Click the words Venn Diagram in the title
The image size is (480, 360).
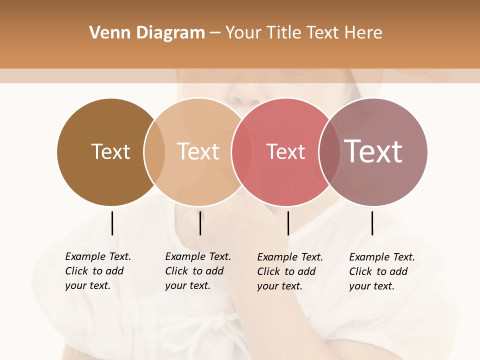(x=147, y=33)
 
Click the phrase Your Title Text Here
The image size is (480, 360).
(x=303, y=33)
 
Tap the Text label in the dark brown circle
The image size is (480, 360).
(x=110, y=151)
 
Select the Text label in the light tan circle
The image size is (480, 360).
(x=198, y=151)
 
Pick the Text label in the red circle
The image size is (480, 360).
(x=285, y=151)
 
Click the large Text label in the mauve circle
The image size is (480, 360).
(x=373, y=151)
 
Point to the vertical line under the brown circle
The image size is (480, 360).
(x=112, y=223)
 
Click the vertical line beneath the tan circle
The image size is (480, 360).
(x=200, y=223)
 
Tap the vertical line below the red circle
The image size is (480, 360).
(x=288, y=223)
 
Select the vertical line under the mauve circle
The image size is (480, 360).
(x=372, y=223)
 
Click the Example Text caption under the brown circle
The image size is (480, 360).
(x=97, y=271)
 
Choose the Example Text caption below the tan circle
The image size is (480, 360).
(x=197, y=271)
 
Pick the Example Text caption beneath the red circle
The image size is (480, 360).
(x=289, y=271)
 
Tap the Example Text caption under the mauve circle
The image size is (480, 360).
(x=381, y=271)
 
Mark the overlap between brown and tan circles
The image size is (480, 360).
(x=154, y=151)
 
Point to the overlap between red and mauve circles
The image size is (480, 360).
(x=329, y=151)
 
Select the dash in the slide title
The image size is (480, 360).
(x=215, y=33)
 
